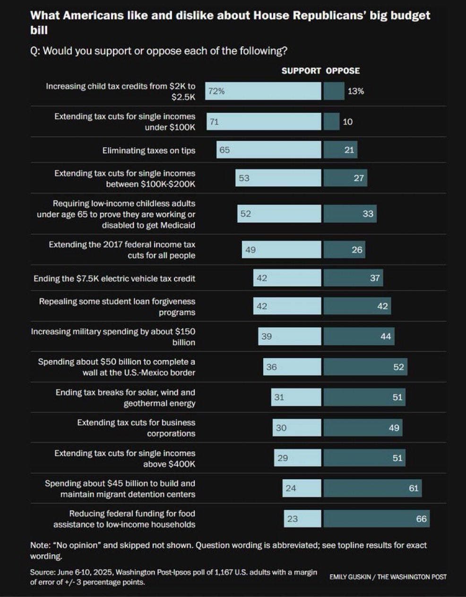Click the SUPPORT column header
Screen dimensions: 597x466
tap(301, 71)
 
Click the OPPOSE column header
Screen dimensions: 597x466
tap(343, 71)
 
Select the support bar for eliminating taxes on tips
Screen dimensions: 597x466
tap(269, 150)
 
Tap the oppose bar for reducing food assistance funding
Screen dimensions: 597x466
tap(377, 519)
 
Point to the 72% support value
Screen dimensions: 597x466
tap(216, 91)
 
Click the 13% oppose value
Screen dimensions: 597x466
tap(355, 91)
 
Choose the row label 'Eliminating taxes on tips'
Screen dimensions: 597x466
tap(148, 151)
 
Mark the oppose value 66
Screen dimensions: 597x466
tap(421, 519)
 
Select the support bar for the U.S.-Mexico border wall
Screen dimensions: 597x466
tap(292, 367)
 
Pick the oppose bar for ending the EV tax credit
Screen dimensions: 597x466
tap(353, 278)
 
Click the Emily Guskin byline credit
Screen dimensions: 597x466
tap(388, 577)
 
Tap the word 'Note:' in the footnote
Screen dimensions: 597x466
tap(40, 545)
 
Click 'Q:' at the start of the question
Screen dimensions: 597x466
tap(35, 51)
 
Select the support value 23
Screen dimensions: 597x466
tap(293, 519)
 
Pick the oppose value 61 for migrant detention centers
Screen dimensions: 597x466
tap(414, 488)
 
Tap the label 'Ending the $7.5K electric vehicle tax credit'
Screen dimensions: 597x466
tap(114, 278)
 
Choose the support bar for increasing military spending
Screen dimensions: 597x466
tap(290, 336)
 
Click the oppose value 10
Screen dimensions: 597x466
tap(347, 122)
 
